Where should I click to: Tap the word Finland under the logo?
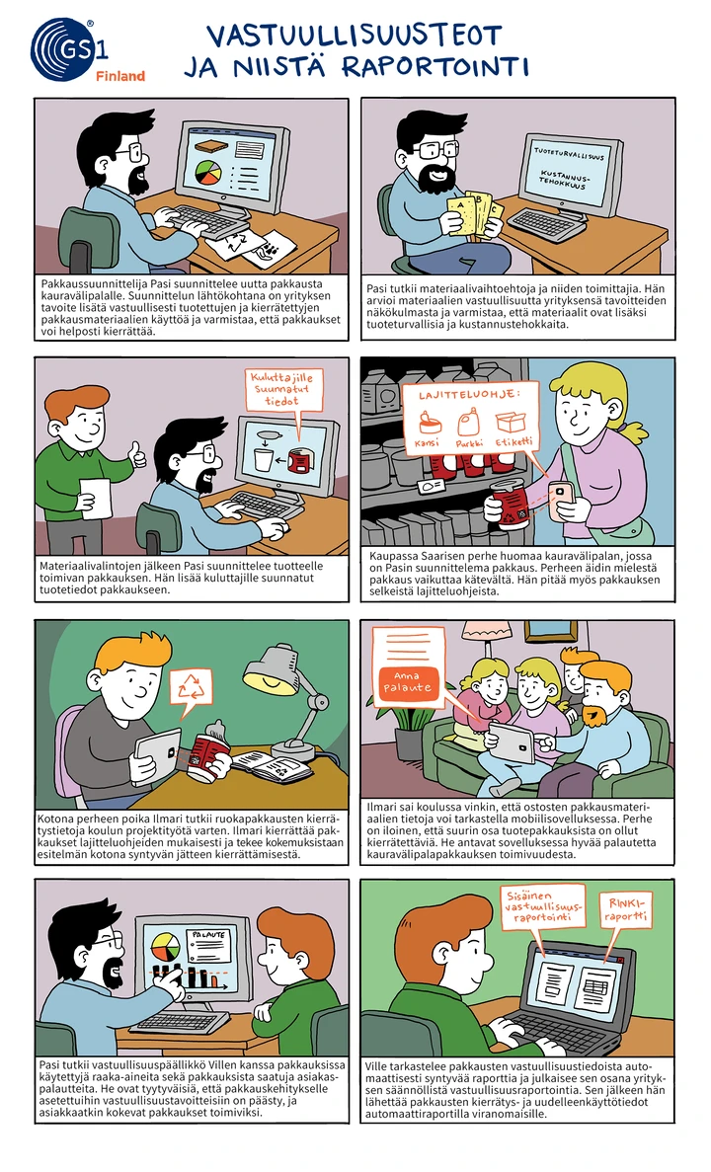[x=120, y=75]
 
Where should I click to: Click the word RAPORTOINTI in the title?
[x=435, y=66]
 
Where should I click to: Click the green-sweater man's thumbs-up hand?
[x=137, y=454]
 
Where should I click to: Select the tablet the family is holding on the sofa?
[x=513, y=744]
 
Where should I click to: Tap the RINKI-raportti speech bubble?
[x=626, y=909]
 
